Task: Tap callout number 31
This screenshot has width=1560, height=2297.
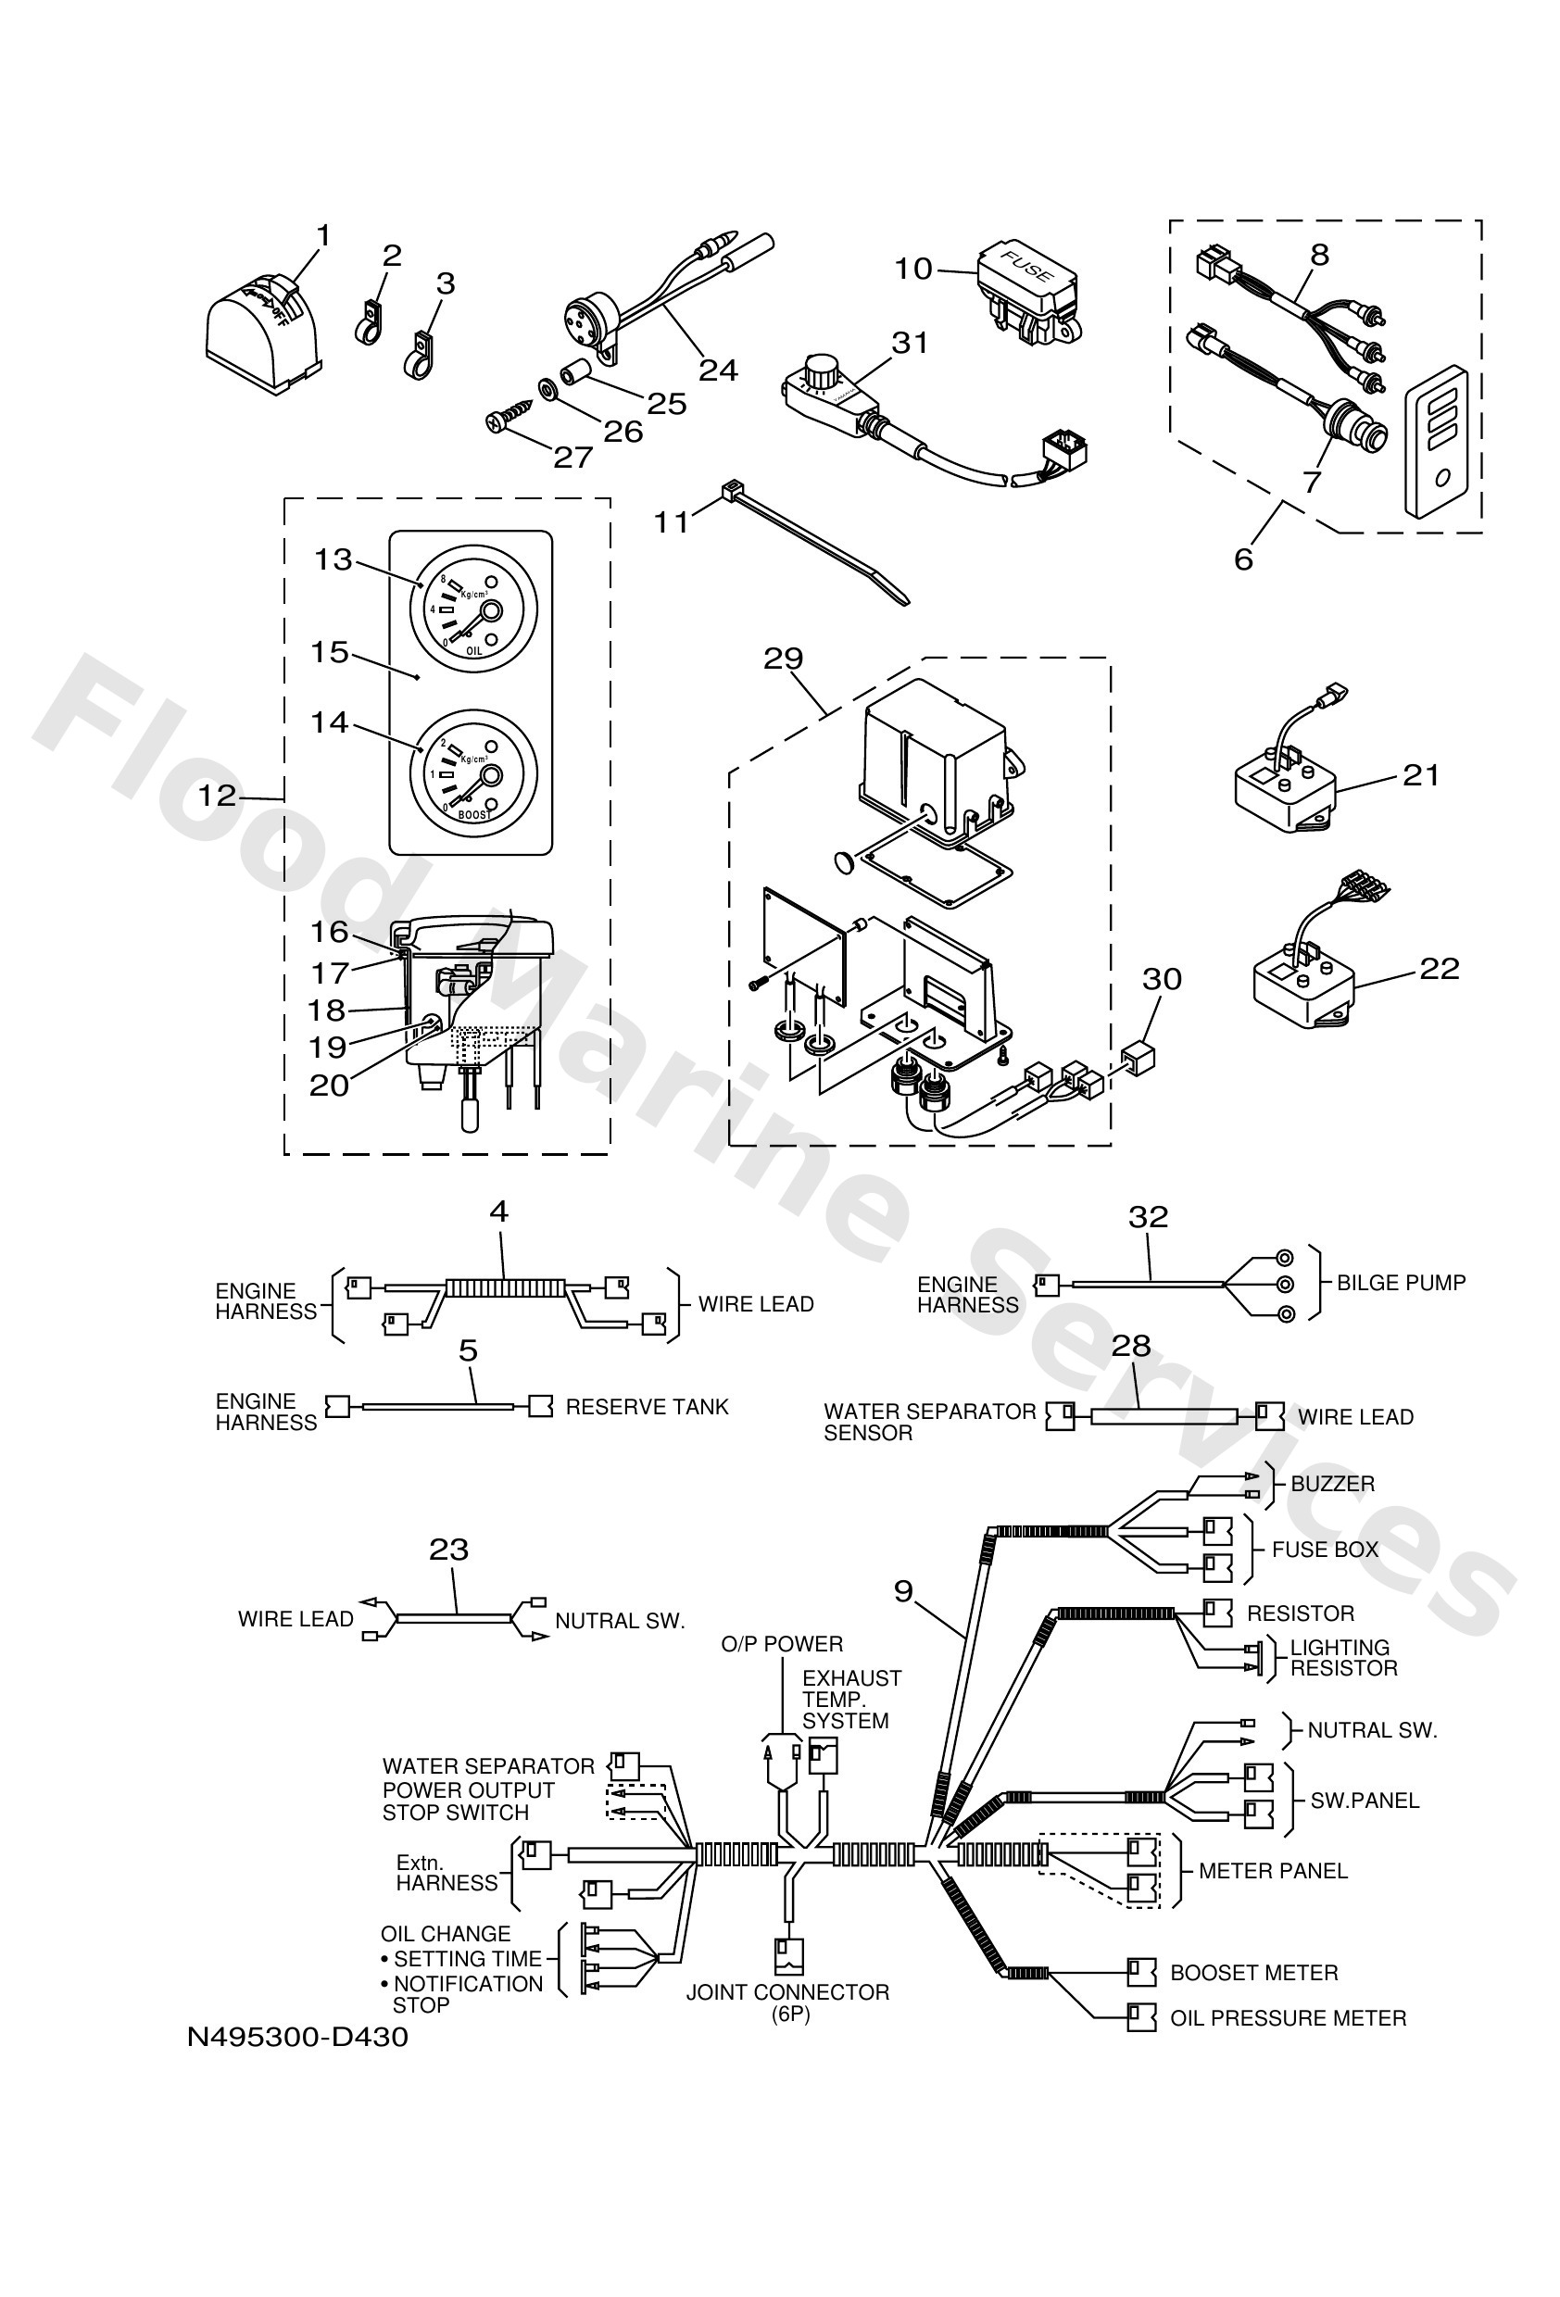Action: pyautogui.click(x=910, y=343)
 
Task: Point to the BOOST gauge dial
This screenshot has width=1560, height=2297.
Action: pyautogui.click(x=473, y=774)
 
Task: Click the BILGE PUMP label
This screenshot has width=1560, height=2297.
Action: pyautogui.click(x=1400, y=1283)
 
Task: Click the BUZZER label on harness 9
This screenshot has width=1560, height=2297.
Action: pyautogui.click(x=1331, y=1484)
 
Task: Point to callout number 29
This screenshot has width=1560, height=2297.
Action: pyautogui.click(x=783, y=659)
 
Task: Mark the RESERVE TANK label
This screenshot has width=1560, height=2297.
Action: pyautogui.click(x=647, y=1407)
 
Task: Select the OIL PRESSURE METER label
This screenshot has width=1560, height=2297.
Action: pyautogui.click(x=1287, y=2018)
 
